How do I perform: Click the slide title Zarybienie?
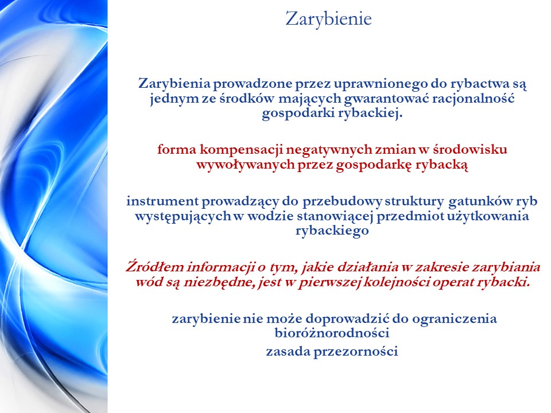(x=328, y=20)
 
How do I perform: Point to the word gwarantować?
(x=386, y=99)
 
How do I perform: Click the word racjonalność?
(x=474, y=98)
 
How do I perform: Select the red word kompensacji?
(x=242, y=150)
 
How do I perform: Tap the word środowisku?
(x=469, y=150)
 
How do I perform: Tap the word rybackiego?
(x=332, y=231)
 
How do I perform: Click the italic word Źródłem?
(x=155, y=267)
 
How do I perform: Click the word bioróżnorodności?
(x=332, y=333)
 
